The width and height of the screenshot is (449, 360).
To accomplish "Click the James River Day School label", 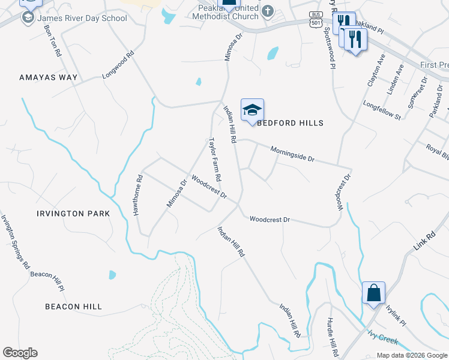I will [82, 18].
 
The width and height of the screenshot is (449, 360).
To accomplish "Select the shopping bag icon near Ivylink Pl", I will [373, 293].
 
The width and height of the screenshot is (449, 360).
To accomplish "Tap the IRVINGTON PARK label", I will [73, 214].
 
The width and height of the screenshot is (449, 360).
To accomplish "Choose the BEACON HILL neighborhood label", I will [73, 307].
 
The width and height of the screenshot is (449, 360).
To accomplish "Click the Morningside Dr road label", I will [292, 154].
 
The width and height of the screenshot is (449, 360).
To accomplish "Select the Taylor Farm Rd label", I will [215, 160].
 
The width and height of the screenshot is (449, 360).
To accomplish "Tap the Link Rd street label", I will [424, 241].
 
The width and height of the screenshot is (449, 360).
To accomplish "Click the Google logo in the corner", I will [20, 353].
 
